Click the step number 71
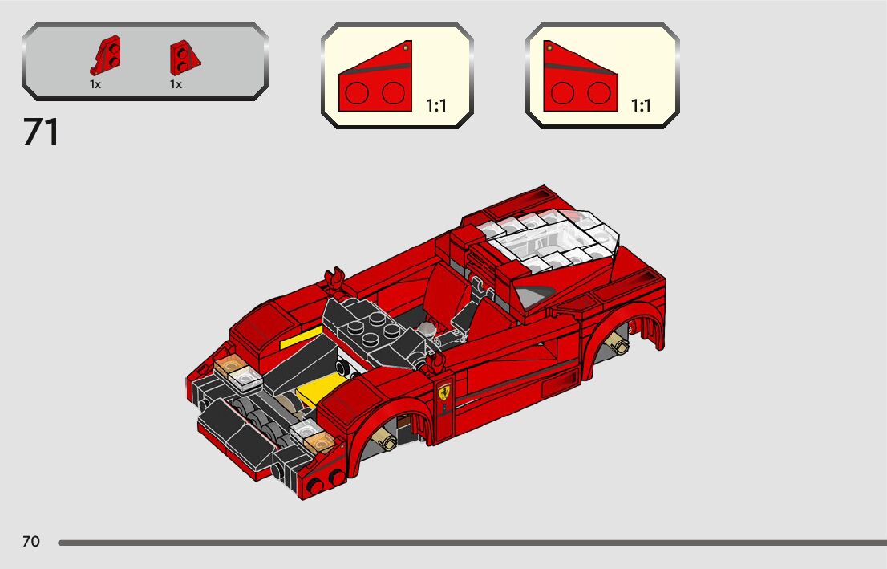pyautogui.click(x=41, y=133)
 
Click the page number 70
pyautogui.click(x=30, y=542)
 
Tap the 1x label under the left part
pyautogui.click(x=95, y=83)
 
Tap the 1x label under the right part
pyautogui.click(x=176, y=83)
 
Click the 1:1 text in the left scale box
pyautogui.click(x=436, y=106)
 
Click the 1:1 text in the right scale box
pyautogui.click(x=642, y=106)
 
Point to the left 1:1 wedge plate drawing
pyautogui.click(x=374, y=80)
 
